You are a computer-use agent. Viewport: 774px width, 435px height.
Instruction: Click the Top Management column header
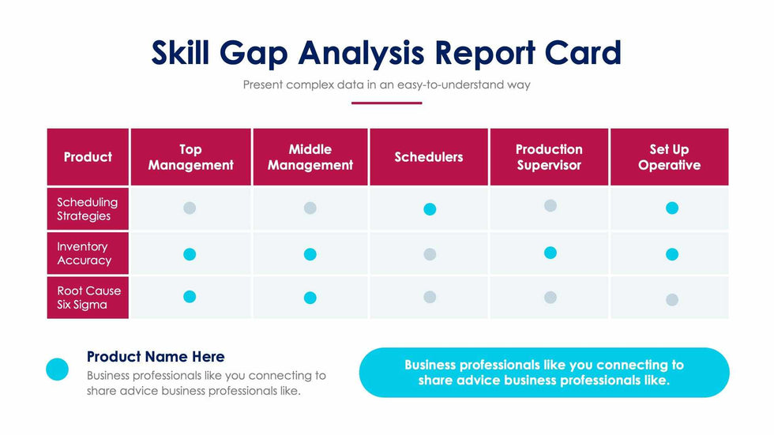point(190,157)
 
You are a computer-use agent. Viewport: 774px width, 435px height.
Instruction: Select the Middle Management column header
point(310,157)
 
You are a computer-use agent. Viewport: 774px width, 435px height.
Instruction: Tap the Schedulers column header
point(429,157)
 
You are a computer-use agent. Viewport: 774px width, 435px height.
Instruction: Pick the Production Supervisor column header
point(549,157)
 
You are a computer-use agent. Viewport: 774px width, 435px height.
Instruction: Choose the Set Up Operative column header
point(669,157)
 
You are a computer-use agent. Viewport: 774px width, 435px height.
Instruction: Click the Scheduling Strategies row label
point(87,209)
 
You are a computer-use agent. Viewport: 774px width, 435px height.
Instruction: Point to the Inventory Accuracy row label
point(84,253)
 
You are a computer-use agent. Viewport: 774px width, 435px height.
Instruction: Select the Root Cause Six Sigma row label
point(88,298)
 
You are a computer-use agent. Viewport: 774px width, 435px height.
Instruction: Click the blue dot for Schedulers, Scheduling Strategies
point(430,209)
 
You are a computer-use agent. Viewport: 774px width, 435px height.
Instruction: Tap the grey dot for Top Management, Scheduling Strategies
point(190,208)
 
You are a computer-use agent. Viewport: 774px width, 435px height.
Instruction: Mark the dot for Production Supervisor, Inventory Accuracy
point(550,253)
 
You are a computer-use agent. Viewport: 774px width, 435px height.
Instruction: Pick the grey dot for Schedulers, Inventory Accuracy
point(430,254)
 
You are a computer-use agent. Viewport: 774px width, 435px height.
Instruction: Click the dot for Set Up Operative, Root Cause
point(672,299)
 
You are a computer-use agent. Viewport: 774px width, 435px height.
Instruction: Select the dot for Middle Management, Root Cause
point(310,298)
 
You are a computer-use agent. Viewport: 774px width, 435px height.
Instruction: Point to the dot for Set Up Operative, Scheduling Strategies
point(672,208)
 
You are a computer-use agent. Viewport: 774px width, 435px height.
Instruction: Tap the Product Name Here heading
point(156,357)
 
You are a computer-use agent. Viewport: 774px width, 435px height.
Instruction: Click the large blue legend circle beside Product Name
point(58,369)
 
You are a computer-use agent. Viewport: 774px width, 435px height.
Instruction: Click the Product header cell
point(88,157)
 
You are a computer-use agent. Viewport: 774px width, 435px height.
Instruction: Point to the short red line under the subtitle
point(386,103)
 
